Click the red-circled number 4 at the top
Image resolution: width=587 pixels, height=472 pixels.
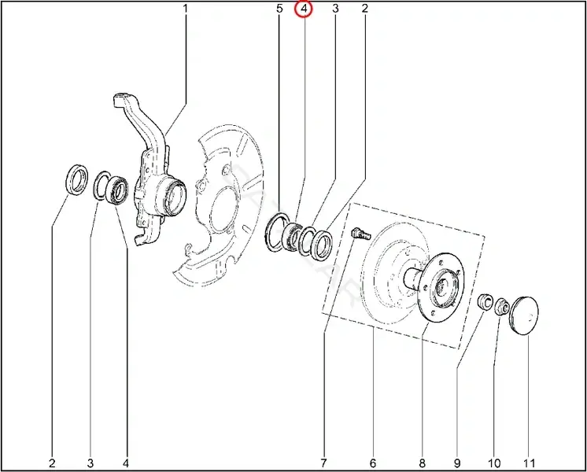pyautogui.click(x=304, y=8)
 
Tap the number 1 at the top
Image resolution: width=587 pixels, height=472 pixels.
pyautogui.click(x=185, y=8)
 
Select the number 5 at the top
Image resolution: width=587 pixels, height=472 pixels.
pyautogui.click(x=279, y=8)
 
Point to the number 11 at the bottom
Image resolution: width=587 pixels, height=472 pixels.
pyautogui.click(x=529, y=463)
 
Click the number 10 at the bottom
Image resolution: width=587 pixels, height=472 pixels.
pyautogui.click(x=494, y=463)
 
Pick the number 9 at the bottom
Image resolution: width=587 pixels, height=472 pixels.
pyautogui.click(x=457, y=463)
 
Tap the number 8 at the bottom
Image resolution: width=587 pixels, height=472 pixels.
pyautogui.click(x=422, y=463)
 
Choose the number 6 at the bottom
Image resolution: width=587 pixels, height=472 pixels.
pyautogui.click(x=373, y=463)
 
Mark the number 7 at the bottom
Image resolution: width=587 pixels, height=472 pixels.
pyautogui.click(x=323, y=463)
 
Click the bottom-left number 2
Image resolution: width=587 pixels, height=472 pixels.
pyautogui.click(x=52, y=463)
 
